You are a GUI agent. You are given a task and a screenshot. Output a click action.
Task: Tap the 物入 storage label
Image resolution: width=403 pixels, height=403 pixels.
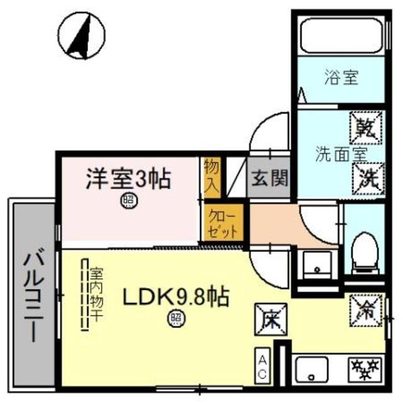tap(211, 175)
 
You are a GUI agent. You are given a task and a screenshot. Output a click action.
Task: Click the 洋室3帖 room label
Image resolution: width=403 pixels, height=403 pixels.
tap(128, 179)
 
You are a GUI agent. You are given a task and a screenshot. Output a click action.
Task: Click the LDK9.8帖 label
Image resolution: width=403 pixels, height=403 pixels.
tap(174, 296)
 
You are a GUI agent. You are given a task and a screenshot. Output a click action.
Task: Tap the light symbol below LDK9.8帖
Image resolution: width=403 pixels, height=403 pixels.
tap(174, 319)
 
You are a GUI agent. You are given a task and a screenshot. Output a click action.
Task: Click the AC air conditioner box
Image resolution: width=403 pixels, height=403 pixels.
tap(263, 366)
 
